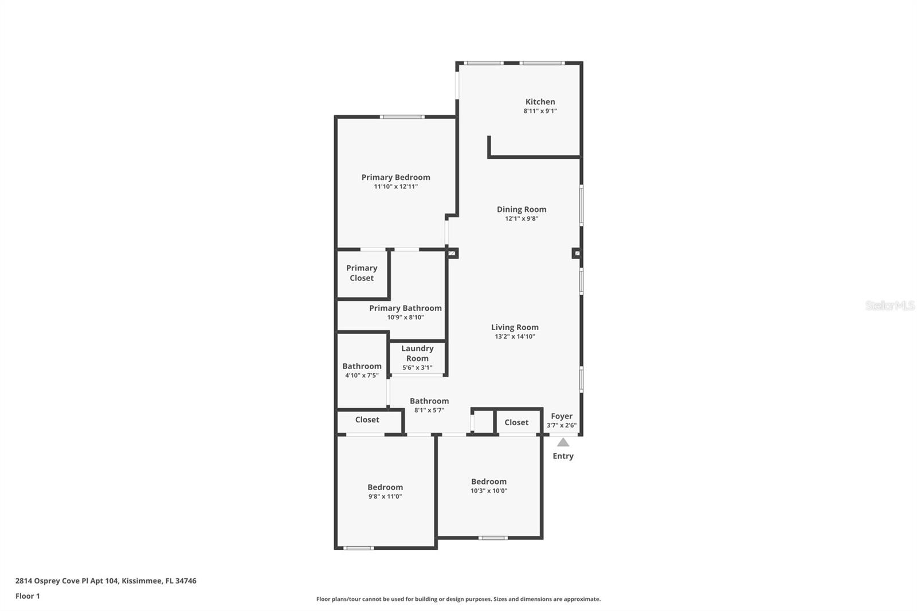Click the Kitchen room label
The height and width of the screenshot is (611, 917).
coord(540,101)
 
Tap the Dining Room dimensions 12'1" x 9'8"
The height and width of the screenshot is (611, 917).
coord(522,218)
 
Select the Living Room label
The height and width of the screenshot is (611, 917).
coord(515,327)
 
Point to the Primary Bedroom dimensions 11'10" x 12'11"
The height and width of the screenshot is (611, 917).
coord(395,186)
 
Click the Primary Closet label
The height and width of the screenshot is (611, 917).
coord(362,273)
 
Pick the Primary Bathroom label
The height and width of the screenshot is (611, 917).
coord(405,308)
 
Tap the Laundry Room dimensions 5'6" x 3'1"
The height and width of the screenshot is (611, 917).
coord(417,367)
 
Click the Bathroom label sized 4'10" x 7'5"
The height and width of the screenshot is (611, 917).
coord(362,366)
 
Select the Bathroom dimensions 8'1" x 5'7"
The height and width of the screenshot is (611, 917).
coord(429,410)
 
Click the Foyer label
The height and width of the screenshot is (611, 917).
coord(561,416)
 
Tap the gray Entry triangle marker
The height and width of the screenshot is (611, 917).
coord(563,442)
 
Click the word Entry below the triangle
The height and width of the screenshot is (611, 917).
coord(563,456)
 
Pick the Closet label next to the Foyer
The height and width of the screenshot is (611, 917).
coord(516,422)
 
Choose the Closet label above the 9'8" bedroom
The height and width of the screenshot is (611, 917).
coord(367,420)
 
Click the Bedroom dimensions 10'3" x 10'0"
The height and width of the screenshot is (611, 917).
coord(489,491)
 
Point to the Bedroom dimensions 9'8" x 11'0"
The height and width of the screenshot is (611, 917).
coord(385,496)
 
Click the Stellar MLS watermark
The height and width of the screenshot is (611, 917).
coord(890,305)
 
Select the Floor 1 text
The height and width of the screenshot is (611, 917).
coord(28,596)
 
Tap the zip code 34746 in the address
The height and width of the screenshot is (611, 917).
coord(186,581)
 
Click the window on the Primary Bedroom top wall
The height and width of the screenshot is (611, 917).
coord(402,117)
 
